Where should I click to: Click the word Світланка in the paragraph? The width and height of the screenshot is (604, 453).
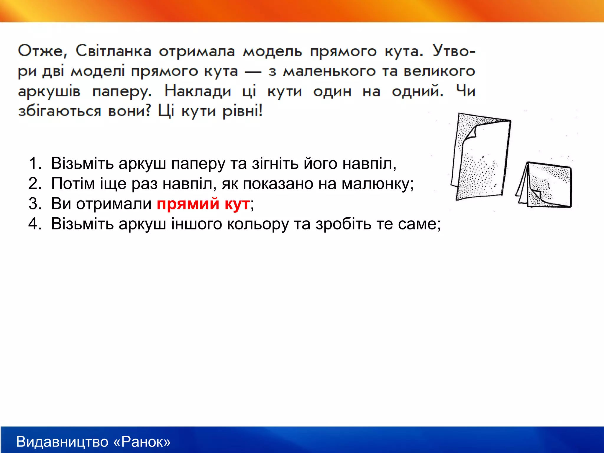pos(114,51)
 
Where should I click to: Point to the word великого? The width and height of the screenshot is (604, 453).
pos(439,71)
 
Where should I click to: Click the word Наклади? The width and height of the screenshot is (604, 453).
pos(198,91)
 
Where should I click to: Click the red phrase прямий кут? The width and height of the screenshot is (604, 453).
pos(203,203)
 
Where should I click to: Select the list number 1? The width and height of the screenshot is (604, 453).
pos(35,163)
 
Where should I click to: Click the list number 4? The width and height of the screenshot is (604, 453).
pos(35,224)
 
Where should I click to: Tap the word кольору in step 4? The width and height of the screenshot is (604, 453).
pos(258,224)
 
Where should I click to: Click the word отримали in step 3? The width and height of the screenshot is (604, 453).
pos(114,203)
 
